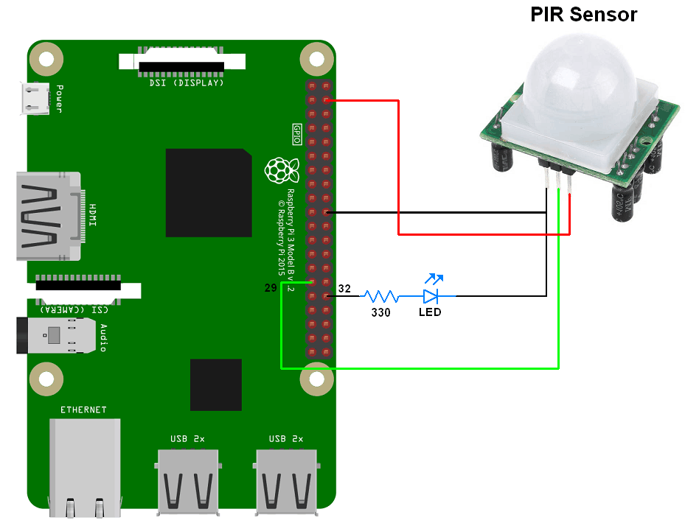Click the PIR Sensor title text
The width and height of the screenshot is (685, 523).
(x=583, y=15)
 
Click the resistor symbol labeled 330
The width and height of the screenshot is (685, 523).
(x=380, y=296)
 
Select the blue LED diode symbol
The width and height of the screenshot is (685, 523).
(x=431, y=295)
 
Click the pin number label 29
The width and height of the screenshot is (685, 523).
(x=271, y=288)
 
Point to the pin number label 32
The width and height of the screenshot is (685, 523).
(x=344, y=289)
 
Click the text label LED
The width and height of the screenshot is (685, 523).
(x=430, y=312)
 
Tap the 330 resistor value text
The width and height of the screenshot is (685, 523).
(x=380, y=312)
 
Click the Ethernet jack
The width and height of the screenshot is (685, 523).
(x=85, y=464)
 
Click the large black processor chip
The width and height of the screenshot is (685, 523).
(x=209, y=192)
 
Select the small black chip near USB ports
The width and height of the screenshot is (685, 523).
(x=215, y=385)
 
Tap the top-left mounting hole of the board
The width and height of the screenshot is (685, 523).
(x=45, y=57)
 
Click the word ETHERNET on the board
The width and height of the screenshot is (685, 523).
(x=83, y=410)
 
